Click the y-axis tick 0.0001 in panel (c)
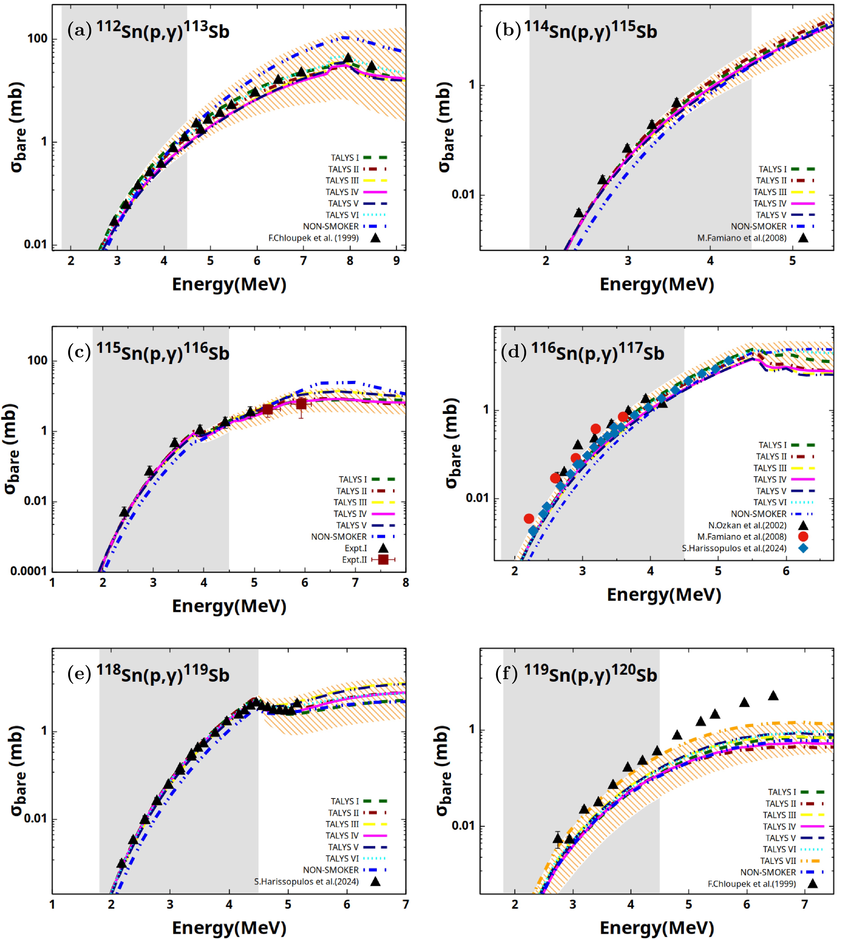coord(29,571)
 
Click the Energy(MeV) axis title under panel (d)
coord(664,595)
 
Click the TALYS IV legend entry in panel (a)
coord(356,192)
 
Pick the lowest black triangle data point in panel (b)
coord(578,213)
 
